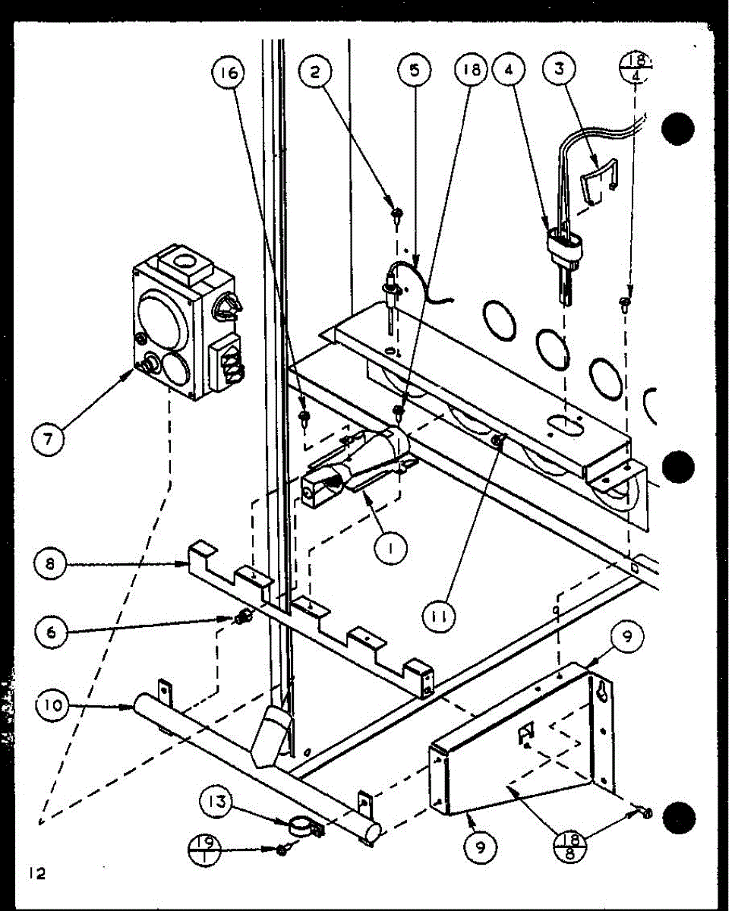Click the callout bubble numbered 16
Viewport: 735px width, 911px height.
point(230,73)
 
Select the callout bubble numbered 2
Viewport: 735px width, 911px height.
point(315,73)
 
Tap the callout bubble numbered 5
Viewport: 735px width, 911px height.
point(415,71)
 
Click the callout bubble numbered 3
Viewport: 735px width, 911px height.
point(560,72)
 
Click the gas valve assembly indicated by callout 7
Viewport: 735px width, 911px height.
point(185,323)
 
